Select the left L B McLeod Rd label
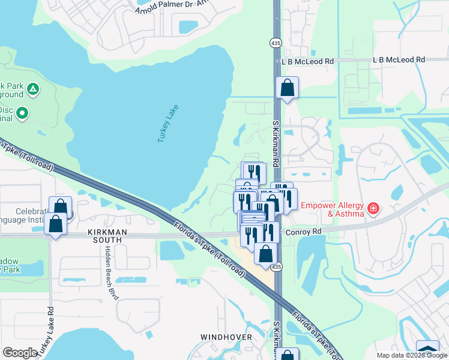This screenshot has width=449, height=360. pyautogui.click(x=307, y=61)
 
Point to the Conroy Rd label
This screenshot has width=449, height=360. pyautogui.click(x=304, y=231)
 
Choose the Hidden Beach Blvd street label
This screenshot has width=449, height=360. pyautogui.click(x=110, y=272)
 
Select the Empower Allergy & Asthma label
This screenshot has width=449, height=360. pyautogui.click(x=333, y=209)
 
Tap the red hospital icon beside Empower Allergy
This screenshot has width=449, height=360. pyautogui.click(x=373, y=208)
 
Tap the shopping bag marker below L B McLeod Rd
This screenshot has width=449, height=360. pyautogui.click(x=288, y=88)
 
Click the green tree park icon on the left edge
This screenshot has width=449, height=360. pyautogui.click(x=33, y=89)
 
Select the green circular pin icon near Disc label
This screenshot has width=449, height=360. pyautogui.click(x=23, y=112)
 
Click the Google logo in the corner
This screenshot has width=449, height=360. pyautogui.click(x=20, y=353)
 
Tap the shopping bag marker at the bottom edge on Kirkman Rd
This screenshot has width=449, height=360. pyautogui.click(x=288, y=355)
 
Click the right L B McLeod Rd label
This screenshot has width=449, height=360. pyautogui.click(x=399, y=60)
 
